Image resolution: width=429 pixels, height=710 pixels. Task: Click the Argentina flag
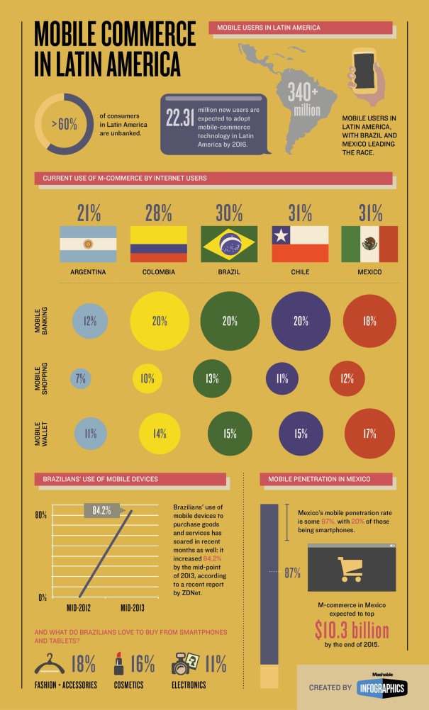coord(88,244)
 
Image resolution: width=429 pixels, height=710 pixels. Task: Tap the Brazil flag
coord(229,244)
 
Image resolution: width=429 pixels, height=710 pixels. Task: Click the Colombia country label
coord(158,271)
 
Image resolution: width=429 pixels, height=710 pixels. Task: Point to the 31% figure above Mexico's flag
coord(369,213)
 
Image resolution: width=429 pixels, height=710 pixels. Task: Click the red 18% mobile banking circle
coord(369,320)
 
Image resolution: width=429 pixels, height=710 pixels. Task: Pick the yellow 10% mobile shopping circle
coord(147,378)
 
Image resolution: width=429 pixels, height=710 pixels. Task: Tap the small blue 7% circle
coord(80,378)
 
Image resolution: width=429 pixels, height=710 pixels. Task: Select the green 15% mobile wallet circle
coord(229,434)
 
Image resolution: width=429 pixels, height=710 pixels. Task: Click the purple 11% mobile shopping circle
coord(281,378)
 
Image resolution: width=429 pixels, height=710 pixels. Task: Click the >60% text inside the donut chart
coord(65,124)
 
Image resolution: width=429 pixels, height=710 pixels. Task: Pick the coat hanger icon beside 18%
coord(50,665)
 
